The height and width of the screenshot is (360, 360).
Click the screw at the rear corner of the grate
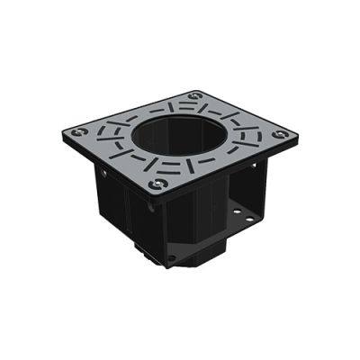point(197,94)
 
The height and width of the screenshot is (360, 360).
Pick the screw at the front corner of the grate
point(158,184)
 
